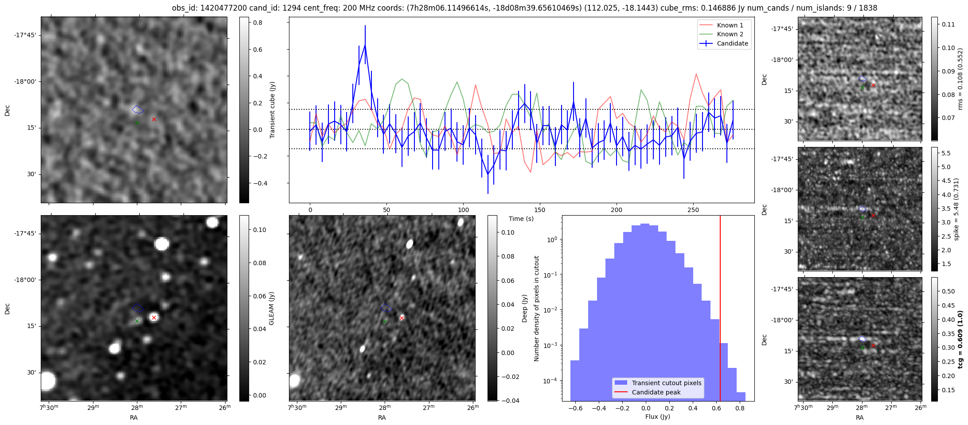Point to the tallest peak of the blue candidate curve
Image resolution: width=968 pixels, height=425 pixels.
pyautogui.click(x=365, y=45)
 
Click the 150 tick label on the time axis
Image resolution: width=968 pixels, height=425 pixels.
pyautogui.click(x=539, y=210)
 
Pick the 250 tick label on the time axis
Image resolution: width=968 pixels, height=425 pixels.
pyautogui.click(x=693, y=210)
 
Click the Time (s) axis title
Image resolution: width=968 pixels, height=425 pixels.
pyautogui.click(x=521, y=219)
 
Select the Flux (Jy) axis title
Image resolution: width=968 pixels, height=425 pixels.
pyautogui.click(x=657, y=417)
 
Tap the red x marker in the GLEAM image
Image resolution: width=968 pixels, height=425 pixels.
pyautogui.click(x=154, y=317)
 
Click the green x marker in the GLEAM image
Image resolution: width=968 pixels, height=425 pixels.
pyautogui.click(x=137, y=321)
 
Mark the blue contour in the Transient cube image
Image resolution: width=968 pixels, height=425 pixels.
pyautogui.click(x=138, y=109)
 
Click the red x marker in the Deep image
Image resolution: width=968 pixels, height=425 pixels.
pyautogui.click(x=402, y=318)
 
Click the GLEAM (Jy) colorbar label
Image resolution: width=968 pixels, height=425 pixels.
pyautogui.click(x=271, y=308)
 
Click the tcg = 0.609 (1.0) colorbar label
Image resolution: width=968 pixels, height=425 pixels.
pyautogui.click(x=960, y=340)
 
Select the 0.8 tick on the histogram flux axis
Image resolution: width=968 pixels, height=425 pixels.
pyautogui.click(x=739, y=408)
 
